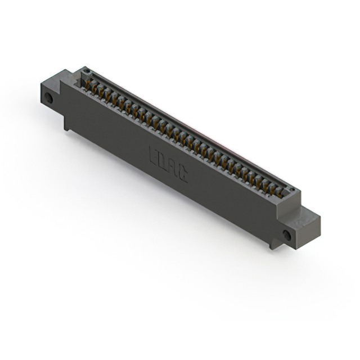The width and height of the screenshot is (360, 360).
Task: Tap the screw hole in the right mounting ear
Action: point(287,235)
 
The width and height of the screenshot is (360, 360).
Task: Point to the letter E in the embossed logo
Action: point(154,156)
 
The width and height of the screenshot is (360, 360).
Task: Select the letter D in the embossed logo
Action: point(163,161)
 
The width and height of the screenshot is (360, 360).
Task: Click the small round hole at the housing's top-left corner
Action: point(86,71)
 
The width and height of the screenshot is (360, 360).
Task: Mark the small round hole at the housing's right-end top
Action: point(290,191)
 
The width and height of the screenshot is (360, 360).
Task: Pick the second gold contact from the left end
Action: point(96,88)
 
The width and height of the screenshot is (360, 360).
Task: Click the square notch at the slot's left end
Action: point(85,79)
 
